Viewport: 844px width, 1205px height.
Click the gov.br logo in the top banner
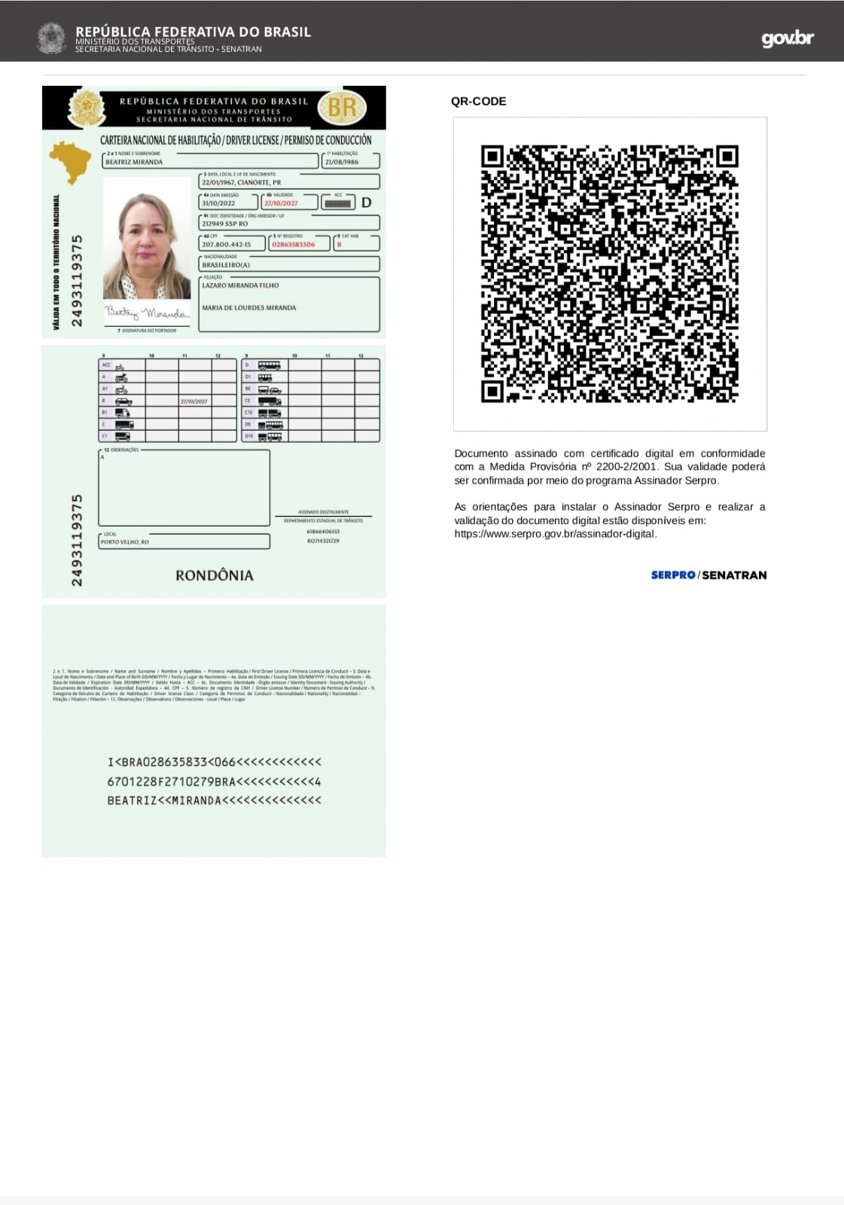[x=787, y=38]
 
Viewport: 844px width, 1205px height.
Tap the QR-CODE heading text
[x=478, y=102]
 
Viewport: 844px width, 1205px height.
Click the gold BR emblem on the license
[x=342, y=108]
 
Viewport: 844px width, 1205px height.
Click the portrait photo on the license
[x=147, y=238]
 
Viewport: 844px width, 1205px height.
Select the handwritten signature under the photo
[x=146, y=313]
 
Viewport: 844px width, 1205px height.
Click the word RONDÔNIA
[x=215, y=575]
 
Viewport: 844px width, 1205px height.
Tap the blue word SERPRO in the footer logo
[x=673, y=575]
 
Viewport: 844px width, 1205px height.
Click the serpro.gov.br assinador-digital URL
[x=555, y=534]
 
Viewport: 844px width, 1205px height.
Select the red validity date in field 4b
[x=281, y=203]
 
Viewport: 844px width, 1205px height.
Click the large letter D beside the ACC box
[x=367, y=203]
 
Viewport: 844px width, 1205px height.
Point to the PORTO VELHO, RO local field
[x=125, y=542]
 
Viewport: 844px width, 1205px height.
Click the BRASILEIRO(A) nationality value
[x=226, y=265]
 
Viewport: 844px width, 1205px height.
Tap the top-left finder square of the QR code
[x=492, y=156]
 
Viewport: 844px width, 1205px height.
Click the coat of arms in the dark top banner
[x=51, y=38]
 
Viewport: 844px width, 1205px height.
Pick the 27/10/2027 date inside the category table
[x=194, y=401]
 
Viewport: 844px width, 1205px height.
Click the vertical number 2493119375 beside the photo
[x=77, y=281]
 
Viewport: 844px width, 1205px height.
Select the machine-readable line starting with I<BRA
[x=214, y=762]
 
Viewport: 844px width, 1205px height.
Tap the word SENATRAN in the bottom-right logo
[x=734, y=575]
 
